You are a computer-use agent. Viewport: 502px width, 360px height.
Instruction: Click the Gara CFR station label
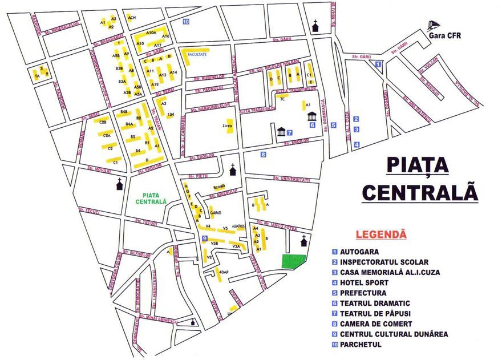pyautogui.click(x=444, y=37)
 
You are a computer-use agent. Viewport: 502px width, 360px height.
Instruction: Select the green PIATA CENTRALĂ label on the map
pyautogui.click(x=151, y=198)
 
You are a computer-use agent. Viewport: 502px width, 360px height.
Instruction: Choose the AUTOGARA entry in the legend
pyautogui.click(x=359, y=251)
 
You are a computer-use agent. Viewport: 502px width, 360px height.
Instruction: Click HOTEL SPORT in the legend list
pyautogui.click(x=364, y=282)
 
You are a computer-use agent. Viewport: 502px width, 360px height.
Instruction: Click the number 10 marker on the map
pyautogui.click(x=185, y=22)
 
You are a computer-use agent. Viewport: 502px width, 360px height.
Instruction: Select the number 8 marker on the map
pyautogui.click(x=263, y=154)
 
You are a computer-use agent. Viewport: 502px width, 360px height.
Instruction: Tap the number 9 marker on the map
pyautogui.click(x=204, y=238)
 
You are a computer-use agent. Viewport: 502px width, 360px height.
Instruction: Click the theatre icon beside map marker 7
pyautogui.click(x=281, y=132)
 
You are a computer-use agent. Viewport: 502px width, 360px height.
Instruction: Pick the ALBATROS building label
pyautogui.click(x=238, y=226)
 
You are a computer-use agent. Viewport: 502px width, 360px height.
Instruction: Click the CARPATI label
pyautogui.click(x=216, y=212)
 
